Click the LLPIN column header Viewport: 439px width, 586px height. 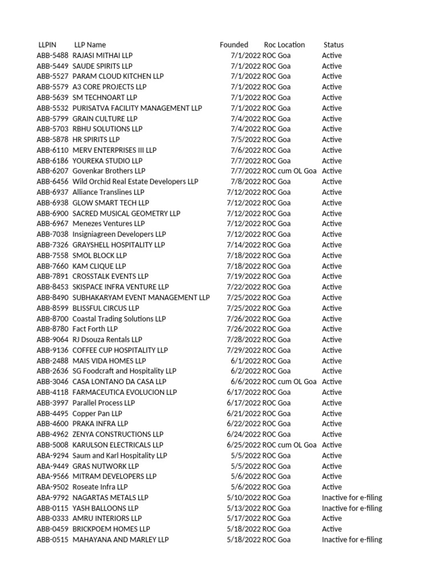46,45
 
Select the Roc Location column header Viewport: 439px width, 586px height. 284,45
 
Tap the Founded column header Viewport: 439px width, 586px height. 234,45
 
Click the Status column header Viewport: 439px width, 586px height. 333,45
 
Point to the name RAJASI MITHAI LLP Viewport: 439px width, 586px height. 102,56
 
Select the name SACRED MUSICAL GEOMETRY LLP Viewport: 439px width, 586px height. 126,213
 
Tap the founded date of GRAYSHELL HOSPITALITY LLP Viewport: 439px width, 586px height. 244,245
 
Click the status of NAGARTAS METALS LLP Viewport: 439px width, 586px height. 352,498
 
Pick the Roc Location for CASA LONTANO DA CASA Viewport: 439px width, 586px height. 289,382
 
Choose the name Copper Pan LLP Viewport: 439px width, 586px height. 97,413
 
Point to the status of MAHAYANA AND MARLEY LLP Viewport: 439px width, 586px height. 352,540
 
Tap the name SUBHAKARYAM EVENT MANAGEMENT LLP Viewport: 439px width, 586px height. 141,298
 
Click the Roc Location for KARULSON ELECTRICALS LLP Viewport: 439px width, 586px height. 289,445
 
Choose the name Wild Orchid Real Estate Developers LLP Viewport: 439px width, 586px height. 135,181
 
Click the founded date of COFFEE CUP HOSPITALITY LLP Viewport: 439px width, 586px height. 244,350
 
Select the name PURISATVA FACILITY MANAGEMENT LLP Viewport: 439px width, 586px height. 137,108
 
